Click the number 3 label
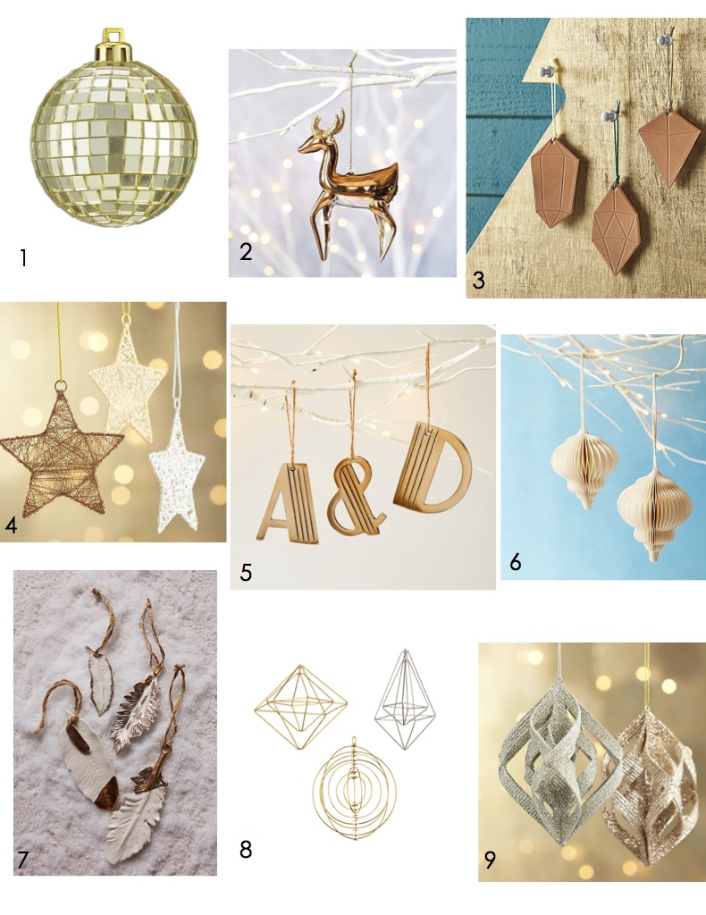(478, 280)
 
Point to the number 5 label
(246, 573)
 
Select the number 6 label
(516, 562)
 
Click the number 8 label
(246, 849)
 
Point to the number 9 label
(490, 859)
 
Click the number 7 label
(22, 860)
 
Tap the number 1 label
(23, 257)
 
